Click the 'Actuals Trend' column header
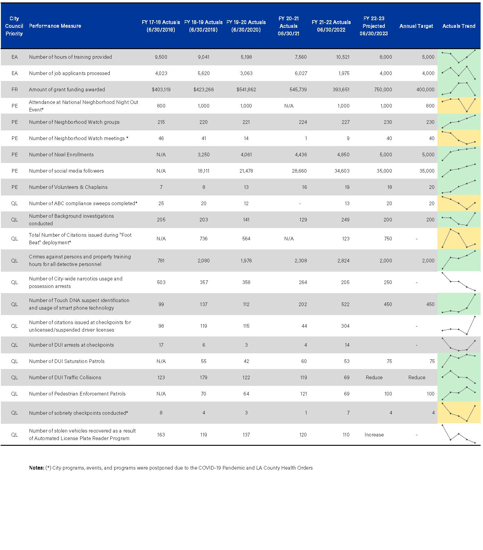tap(459, 26)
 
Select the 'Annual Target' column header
tap(416, 26)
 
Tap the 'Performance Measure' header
tap(55, 26)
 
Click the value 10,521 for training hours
tap(343, 57)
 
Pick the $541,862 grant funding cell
tap(246, 89)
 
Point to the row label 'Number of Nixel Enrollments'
tap(61, 155)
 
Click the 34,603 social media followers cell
tap(342, 171)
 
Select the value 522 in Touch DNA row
tap(345, 304)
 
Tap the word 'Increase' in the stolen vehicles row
tap(374, 435)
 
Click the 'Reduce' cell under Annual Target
tap(417, 377)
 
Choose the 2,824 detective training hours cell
tap(343, 261)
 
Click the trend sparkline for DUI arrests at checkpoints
tap(459, 345)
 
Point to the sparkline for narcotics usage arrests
tap(459, 282)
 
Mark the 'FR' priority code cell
tap(14, 89)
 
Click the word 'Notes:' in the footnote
tap(36, 468)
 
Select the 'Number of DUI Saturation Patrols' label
tap(67, 361)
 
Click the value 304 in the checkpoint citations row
tap(345, 326)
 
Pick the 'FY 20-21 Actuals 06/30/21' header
tap(288, 26)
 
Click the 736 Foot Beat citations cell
tap(204, 239)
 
